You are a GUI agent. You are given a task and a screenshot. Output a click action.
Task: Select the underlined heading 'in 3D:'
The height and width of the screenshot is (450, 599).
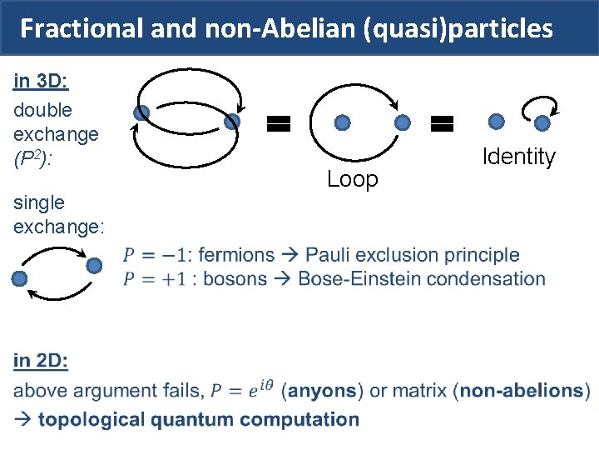41,82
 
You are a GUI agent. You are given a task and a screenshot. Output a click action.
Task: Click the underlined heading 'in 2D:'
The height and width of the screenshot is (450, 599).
41,361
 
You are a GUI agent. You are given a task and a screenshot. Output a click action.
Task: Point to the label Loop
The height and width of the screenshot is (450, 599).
352,179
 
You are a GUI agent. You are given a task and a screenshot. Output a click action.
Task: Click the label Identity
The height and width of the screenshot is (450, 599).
518,157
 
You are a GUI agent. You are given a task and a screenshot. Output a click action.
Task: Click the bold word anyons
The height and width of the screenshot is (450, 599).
322,390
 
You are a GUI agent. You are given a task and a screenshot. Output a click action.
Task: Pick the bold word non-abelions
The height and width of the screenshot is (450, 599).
521,390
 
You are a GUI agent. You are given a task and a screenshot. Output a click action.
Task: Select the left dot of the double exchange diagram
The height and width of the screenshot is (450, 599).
141,112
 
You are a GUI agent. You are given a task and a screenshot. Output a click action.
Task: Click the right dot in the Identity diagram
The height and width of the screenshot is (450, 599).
542,123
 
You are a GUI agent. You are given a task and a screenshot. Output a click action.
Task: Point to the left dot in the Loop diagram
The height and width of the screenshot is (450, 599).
342,122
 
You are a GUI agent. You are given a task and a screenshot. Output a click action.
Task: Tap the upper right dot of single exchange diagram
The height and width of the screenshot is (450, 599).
94,265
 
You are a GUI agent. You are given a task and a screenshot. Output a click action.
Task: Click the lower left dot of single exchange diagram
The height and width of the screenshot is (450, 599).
20,278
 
